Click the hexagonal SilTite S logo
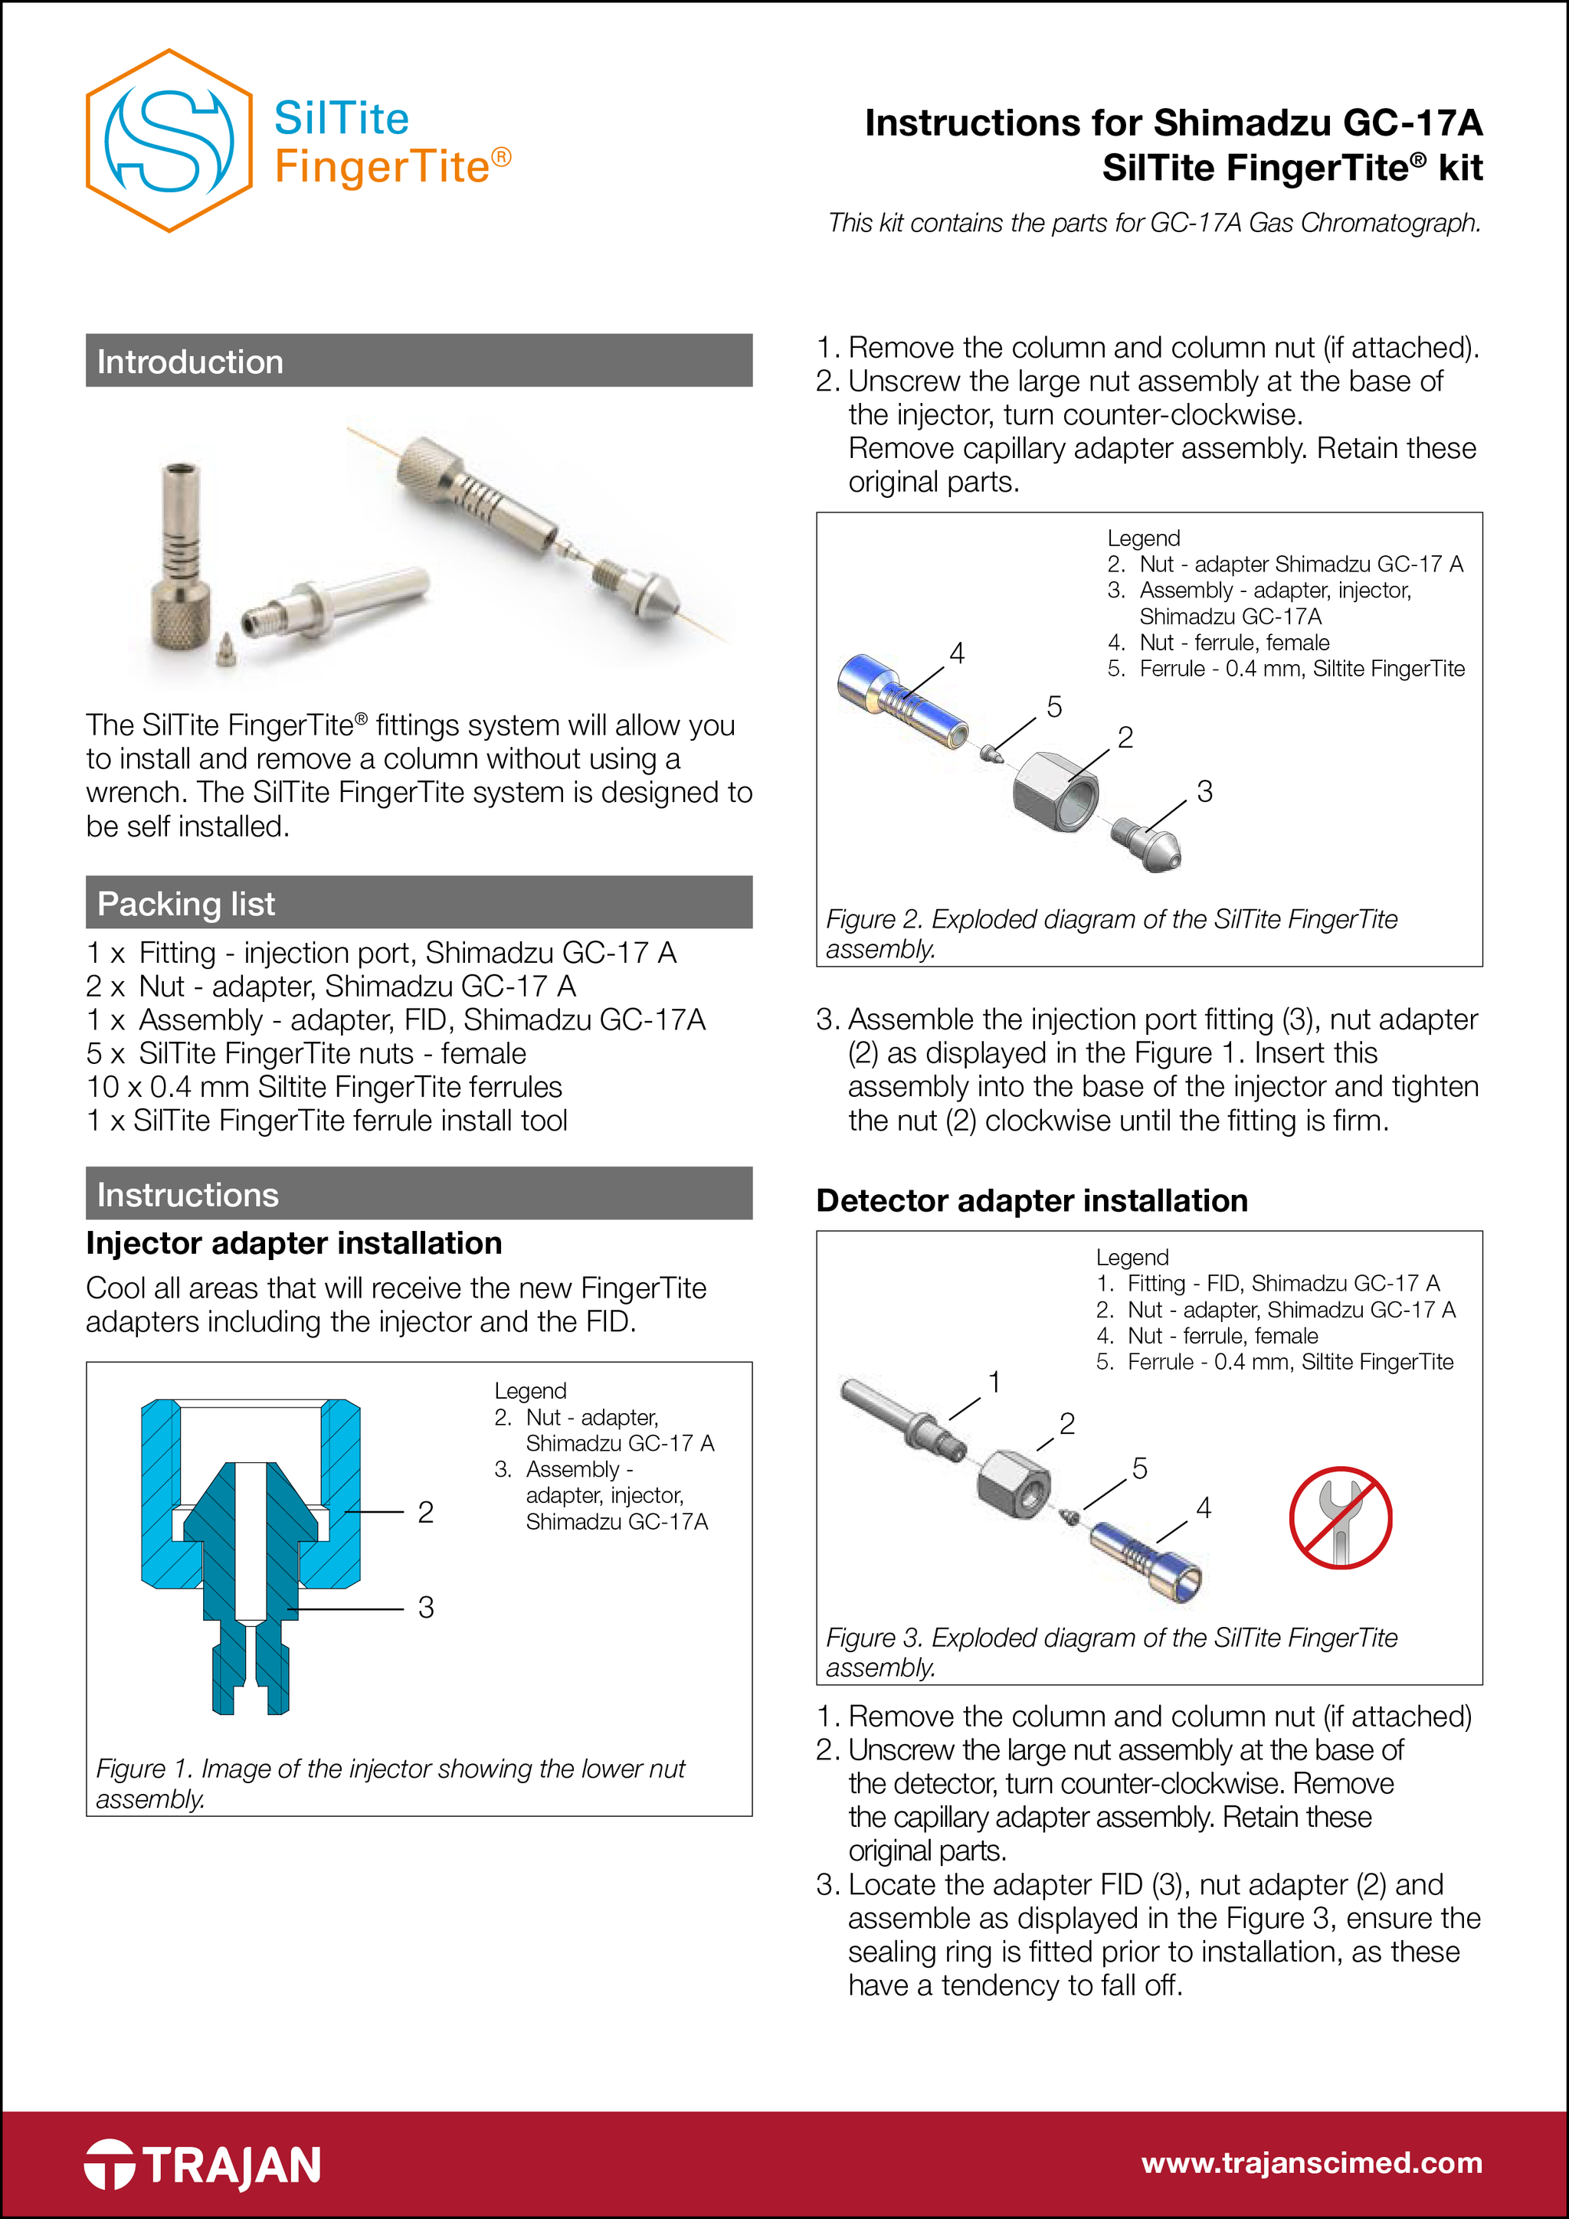[169, 141]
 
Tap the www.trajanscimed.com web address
[1311, 2162]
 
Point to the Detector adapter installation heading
[1030, 1200]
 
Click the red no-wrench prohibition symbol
[1339, 1517]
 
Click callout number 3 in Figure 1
[425, 1607]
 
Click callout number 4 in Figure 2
[956, 653]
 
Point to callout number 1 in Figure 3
[993, 1382]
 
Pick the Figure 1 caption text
[390, 1782]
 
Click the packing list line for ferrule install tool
[327, 1120]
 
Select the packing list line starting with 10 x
[324, 1086]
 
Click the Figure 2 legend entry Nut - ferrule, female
[1233, 643]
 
